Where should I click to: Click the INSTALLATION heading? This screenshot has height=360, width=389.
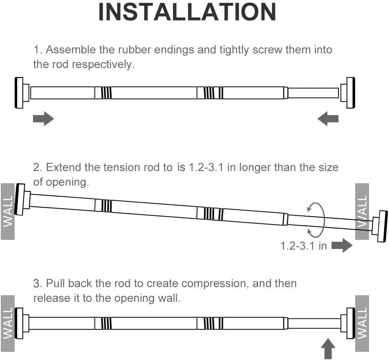[x=187, y=13]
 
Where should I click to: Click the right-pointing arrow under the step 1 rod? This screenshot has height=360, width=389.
[x=43, y=119]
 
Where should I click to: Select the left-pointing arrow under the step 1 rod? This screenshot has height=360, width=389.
[x=328, y=119]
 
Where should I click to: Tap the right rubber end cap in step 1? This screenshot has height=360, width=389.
[x=350, y=93]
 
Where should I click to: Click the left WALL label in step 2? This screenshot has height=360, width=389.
[x=8, y=211]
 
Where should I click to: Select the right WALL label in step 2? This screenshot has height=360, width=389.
[x=362, y=211]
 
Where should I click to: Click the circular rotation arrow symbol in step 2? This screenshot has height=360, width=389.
[x=316, y=220]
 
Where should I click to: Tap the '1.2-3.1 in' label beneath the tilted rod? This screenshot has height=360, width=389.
[x=303, y=246]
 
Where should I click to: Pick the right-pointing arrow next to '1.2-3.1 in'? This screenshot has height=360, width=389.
[x=342, y=246]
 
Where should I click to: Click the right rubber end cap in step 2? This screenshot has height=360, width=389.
[x=382, y=226]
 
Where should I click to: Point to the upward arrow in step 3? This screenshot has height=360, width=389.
[x=329, y=351]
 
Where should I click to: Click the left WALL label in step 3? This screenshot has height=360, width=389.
[x=8, y=323]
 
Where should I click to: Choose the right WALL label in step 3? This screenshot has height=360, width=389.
[x=362, y=323]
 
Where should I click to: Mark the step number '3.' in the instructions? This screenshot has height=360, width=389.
[x=37, y=283]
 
